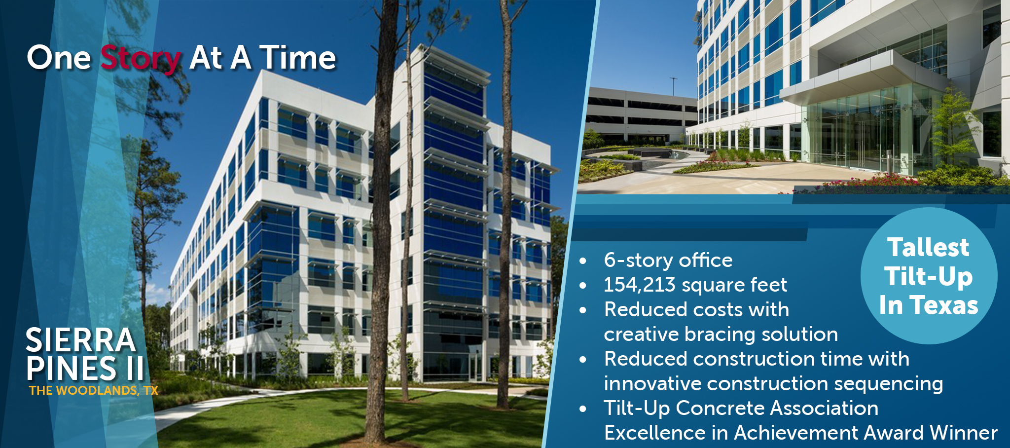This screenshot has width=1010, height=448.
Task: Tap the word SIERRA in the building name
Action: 81,340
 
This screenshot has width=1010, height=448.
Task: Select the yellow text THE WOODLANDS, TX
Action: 94,391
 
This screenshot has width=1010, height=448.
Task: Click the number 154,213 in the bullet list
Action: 639,285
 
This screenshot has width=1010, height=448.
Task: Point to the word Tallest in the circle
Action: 929,247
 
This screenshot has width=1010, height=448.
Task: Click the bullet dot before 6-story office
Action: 583,261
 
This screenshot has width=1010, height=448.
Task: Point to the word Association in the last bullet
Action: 824,409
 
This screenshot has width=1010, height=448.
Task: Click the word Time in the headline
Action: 298,58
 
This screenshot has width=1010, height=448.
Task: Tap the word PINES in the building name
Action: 72,369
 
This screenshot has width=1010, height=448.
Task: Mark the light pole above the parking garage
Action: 673,87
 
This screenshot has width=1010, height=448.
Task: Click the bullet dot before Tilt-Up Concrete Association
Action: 583,410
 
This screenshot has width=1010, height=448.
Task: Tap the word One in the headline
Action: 59,58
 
